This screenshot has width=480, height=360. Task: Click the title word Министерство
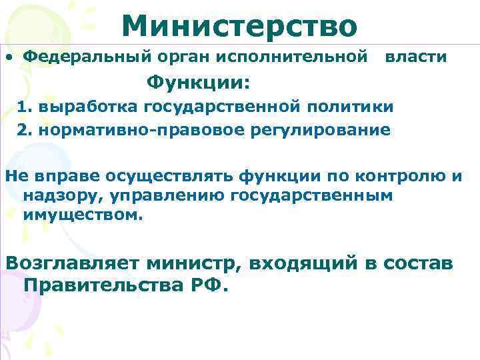coord(239,26)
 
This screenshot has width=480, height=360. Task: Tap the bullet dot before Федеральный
coord(10,58)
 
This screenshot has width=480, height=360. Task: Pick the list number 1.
coord(24,107)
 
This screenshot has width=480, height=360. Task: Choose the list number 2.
coord(24,129)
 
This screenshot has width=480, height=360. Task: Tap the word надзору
coord(53,196)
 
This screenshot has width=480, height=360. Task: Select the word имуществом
coord(83,215)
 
